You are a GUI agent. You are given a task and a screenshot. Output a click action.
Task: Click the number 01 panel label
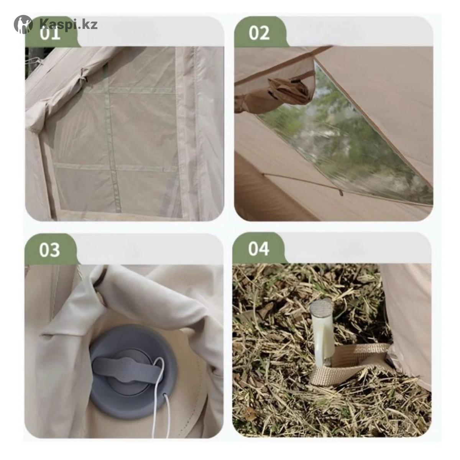(50, 33)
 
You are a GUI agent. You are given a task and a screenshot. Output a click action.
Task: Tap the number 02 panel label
(259, 33)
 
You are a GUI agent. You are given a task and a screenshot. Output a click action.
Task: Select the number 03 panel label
(50, 250)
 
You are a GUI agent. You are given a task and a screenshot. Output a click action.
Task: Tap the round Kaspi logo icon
(23, 24)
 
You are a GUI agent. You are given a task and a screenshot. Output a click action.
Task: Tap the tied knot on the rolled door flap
(84, 74)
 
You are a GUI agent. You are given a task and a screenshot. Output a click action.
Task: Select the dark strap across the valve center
(127, 367)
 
